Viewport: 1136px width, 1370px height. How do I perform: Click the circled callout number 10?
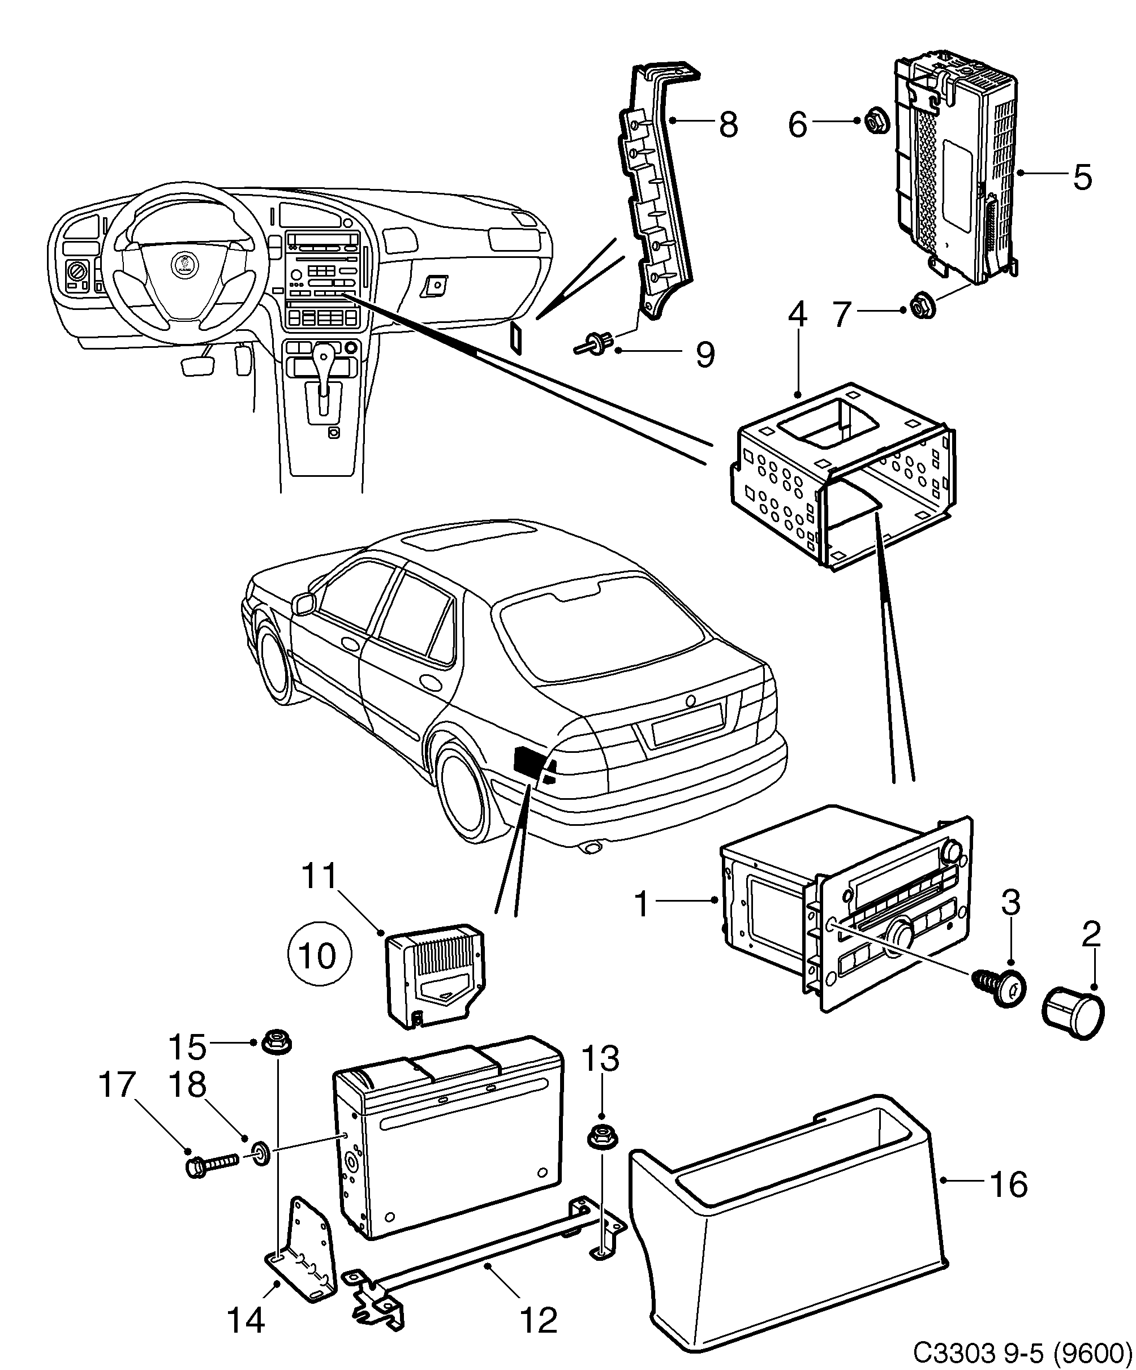pyautogui.click(x=319, y=956)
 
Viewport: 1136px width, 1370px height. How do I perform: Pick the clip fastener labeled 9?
pyautogui.click(x=595, y=344)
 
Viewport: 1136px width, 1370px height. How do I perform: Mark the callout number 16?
pyautogui.click(x=1009, y=1184)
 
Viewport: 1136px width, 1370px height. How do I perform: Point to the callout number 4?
pyautogui.click(x=797, y=316)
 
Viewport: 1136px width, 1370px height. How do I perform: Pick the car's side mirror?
pyautogui.click(x=303, y=604)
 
